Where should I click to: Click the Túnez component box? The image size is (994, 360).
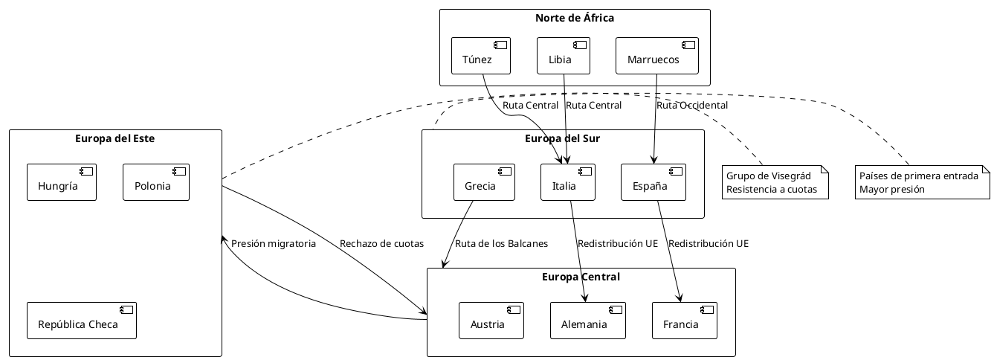click(x=481, y=56)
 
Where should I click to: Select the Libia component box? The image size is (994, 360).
click(x=564, y=56)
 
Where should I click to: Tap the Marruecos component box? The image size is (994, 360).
click(x=657, y=56)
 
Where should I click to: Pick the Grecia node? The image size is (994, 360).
click(x=485, y=182)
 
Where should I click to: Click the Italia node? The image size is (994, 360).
click(x=568, y=182)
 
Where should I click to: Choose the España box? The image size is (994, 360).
click(x=653, y=182)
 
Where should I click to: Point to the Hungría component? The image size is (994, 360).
click(x=62, y=182)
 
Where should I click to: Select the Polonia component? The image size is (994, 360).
click(x=156, y=182)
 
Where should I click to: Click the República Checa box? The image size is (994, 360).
click(x=82, y=321)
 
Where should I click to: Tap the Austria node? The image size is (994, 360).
click(x=491, y=321)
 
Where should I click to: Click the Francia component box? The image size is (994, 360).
click(x=684, y=321)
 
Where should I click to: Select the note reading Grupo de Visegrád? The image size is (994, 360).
click(x=776, y=182)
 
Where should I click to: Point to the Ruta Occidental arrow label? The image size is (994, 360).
click(x=691, y=106)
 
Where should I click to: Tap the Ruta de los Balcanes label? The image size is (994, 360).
click(x=501, y=243)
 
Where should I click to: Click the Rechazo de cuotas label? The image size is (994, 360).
click(x=381, y=243)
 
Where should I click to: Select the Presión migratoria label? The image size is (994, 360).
click(x=274, y=243)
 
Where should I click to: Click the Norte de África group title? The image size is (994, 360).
click(x=575, y=18)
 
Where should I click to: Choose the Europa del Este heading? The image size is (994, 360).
click(x=115, y=138)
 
